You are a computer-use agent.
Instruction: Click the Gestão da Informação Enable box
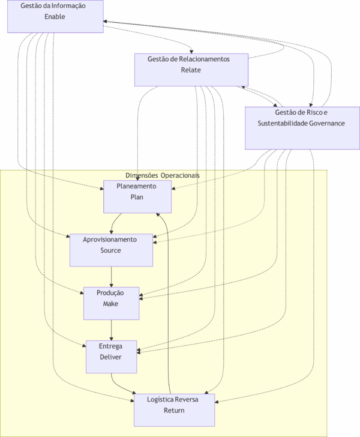coord(55,16)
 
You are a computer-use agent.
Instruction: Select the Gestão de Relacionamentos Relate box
coord(191,70)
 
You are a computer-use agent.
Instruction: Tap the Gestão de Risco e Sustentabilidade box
coord(302,128)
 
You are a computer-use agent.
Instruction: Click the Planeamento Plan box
coord(137,196)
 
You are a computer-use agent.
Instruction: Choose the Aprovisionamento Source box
coord(111,250)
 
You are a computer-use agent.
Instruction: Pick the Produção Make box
coord(111,303)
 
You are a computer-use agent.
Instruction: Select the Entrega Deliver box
coord(111,357)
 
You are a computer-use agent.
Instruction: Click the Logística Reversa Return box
coord(174,410)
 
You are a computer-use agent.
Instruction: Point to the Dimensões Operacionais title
coord(163,175)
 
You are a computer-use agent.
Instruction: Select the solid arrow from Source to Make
coord(111,276)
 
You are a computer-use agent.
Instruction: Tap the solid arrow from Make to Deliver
coord(111,330)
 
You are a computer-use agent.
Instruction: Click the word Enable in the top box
coord(55,17)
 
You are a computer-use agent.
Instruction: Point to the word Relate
coord(191,70)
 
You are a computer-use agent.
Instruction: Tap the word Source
coord(111,250)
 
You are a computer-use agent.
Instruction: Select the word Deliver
coord(111,357)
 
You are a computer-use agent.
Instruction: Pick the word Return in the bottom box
coord(174,411)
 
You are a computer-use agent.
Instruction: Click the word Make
coord(111,304)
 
